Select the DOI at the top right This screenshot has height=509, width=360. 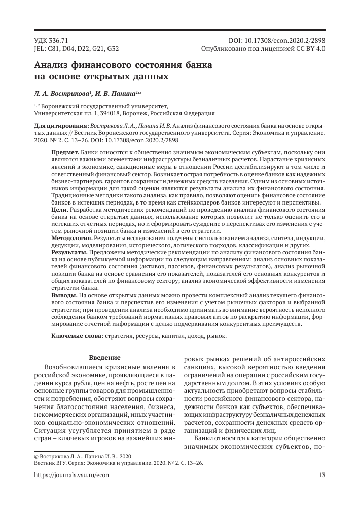[x=277, y=39]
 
